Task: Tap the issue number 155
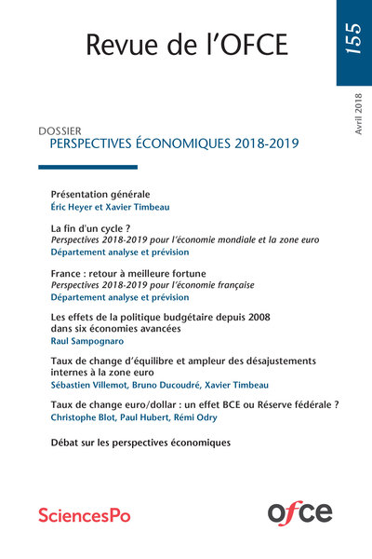point(353,43)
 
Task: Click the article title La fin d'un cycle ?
point(89,228)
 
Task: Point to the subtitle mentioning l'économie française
point(153,284)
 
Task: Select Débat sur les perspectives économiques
point(140,443)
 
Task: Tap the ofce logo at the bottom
point(299,511)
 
